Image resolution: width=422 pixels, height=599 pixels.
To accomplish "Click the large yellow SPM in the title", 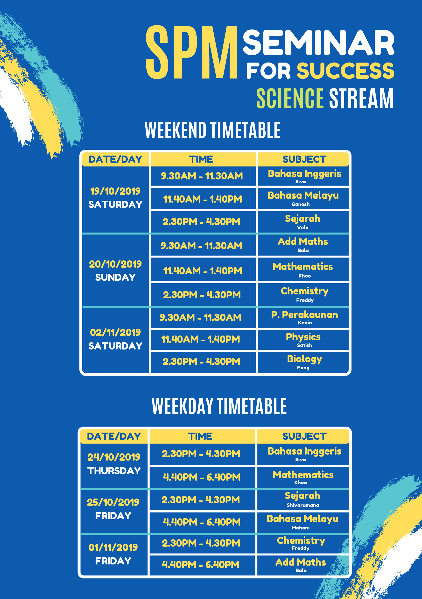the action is [191, 52].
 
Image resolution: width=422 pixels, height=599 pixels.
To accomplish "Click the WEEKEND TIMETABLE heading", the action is [212, 130].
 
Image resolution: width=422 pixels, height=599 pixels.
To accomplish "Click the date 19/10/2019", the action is [115, 191].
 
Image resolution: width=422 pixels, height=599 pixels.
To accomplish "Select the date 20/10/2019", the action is [115, 264].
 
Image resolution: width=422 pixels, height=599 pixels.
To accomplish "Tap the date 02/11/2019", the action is [115, 332].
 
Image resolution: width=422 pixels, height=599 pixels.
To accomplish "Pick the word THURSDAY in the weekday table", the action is [114, 471].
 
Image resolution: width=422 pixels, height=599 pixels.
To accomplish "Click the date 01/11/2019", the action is [113, 547].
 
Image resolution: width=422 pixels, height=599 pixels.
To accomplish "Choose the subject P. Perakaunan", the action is [305, 315].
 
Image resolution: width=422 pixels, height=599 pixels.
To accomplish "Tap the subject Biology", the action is [304, 359].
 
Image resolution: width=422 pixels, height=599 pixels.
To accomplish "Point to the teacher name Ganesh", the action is [301, 204].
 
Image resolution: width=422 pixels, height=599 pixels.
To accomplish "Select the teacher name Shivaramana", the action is [302, 505].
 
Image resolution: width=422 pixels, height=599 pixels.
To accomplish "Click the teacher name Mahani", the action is [301, 528].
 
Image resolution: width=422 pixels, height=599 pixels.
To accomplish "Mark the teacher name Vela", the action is [302, 228].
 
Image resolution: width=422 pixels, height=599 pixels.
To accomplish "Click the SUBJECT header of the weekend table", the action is [304, 159].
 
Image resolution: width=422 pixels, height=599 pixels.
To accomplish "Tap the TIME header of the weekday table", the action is [200, 436].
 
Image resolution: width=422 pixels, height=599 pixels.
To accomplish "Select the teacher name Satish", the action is [304, 345].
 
